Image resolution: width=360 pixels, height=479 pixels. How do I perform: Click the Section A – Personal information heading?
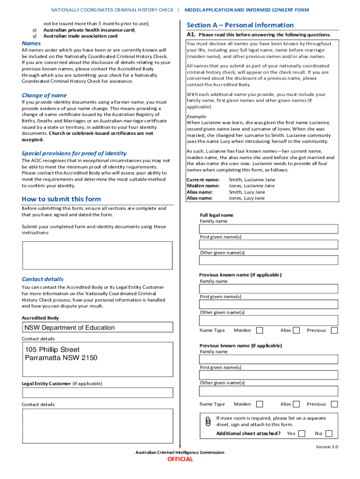pos(240,25)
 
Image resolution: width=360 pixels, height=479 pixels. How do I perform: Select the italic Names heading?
pos(31,44)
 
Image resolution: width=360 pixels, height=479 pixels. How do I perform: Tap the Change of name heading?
pos(44,95)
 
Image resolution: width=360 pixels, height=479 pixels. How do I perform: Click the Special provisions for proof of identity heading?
pos(74,153)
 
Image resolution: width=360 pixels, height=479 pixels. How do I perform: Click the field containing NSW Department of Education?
pos(97,327)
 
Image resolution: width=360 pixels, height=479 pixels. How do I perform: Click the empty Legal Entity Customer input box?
pos(97,392)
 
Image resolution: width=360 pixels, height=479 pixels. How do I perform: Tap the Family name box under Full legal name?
pos(268,229)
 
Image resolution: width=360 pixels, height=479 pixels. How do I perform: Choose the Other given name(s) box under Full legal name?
pos(268,260)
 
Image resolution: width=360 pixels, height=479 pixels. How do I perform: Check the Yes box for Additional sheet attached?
pos(302,434)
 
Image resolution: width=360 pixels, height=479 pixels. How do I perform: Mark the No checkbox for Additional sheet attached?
pos(329,434)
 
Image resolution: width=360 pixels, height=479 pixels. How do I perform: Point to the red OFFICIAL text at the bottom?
pos(180,459)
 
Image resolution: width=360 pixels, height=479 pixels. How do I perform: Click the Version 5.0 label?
pos(327,447)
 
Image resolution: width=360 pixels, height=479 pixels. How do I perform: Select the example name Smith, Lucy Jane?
pos(247,192)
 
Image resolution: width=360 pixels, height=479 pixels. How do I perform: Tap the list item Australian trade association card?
pos(80,36)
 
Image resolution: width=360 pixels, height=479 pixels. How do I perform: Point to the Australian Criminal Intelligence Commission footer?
pos(180,452)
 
